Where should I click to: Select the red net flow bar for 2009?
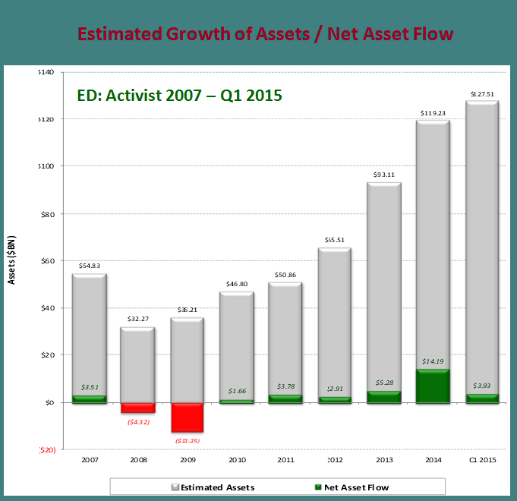pyautogui.click(x=187, y=417)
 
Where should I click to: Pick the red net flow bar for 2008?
pyautogui.click(x=137, y=408)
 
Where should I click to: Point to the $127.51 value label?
pyautogui.click(x=482, y=95)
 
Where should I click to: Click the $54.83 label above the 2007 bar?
pyautogui.click(x=90, y=266)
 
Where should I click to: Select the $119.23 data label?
pyautogui.click(x=433, y=113)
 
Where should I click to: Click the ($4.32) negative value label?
pyautogui.click(x=138, y=421)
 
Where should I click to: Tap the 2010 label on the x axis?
pyautogui.click(x=237, y=460)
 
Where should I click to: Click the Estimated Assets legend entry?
pyautogui.click(x=217, y=487)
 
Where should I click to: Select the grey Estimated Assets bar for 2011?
pyautogui.click(x=285, y=334)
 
